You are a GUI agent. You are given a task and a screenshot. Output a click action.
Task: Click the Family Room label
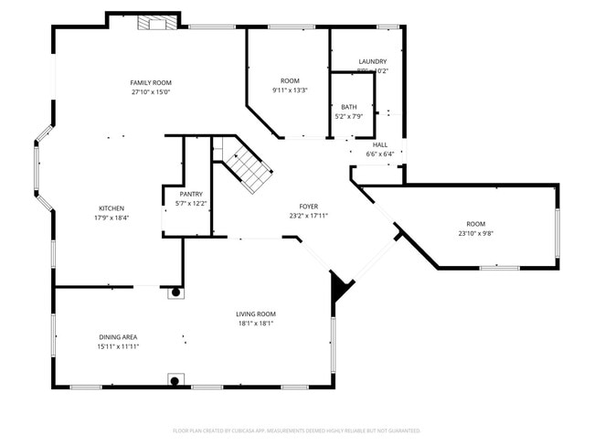click(151, 83)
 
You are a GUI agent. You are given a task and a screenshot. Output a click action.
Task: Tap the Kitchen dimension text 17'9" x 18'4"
click(111, 218)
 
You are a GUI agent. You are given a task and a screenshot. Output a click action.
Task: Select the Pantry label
click(191, 195)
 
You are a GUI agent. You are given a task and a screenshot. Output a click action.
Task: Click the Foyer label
click(308, 207)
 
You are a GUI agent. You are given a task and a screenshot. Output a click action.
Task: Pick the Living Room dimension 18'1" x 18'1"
click(256, 323)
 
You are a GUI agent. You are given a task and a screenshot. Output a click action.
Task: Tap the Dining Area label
click(118, 337)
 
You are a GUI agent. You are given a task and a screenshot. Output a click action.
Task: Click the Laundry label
click(372, 61)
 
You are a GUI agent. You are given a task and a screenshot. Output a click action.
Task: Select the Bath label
click(349, 107)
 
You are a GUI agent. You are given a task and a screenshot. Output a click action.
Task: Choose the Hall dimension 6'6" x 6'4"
click(379, 154)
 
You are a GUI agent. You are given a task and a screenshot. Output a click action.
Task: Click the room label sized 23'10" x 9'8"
click(475, 224)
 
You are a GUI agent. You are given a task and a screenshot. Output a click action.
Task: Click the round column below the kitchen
click(175, 292)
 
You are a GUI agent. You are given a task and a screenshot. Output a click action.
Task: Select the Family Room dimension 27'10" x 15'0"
click(151, 92)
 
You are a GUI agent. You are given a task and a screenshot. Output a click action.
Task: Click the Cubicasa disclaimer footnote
click(296, 430)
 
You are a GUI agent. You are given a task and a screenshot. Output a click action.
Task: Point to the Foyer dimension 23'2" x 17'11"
click(308, 216)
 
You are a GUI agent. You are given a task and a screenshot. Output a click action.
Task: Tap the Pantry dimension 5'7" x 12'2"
click(191, 204)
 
